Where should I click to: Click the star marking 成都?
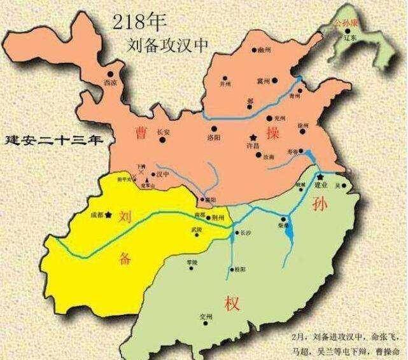110,214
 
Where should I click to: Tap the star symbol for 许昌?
253,137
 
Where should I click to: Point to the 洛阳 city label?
215,136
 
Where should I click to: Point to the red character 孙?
319,204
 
